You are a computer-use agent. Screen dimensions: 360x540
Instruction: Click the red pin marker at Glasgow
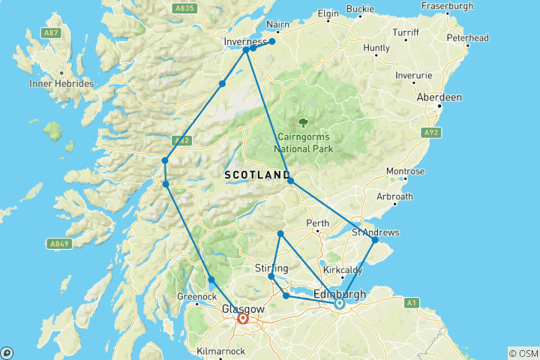tap(243, 319)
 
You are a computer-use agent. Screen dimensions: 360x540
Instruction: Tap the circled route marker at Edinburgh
tap(339, 304)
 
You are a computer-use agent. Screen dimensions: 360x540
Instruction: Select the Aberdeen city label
tap(440, 97)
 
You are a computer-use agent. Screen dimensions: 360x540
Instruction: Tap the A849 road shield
tap(60, 244)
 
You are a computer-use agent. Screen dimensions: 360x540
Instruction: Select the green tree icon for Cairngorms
tap(303, 122)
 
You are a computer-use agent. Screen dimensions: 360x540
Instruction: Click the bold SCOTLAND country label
tap(253, 175)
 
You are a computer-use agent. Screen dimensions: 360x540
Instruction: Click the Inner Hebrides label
tap(61, 83)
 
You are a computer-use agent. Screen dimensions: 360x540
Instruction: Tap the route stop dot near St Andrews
tap(375, 240)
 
